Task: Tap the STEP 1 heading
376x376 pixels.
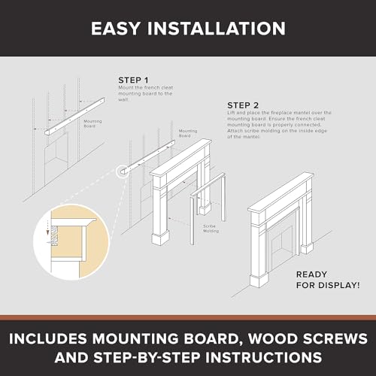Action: (x=134, y=79)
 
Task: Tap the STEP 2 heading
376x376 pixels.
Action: (x=244, y=105)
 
